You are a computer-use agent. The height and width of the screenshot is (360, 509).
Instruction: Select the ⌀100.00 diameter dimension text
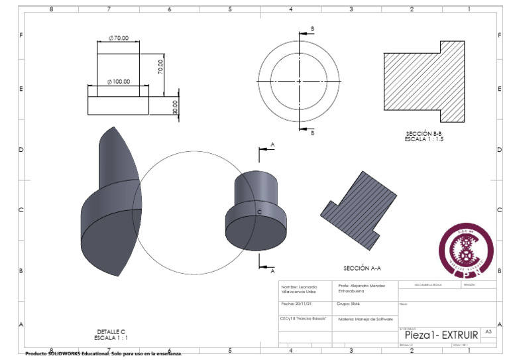119,82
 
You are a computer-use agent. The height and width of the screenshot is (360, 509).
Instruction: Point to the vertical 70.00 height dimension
160,66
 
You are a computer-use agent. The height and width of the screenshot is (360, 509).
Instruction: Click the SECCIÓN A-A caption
361,269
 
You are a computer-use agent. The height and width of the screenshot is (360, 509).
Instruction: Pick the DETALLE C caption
111,331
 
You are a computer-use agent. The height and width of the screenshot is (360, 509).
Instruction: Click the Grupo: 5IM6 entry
352,304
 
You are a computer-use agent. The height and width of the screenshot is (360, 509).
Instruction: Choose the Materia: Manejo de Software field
361,319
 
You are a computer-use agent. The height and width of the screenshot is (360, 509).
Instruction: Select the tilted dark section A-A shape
357,206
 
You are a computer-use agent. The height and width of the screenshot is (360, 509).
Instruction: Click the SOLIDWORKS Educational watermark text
103,354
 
